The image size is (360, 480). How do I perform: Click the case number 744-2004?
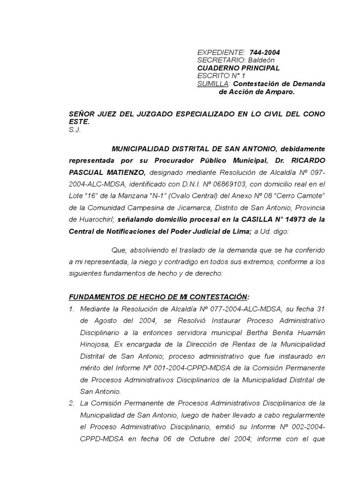pyautogui.click(x=265, y=52)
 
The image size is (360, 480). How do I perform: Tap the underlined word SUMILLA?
pyautogui.click(x=213, y=84)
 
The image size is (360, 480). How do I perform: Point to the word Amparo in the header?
pyautogui.click(x=280, y=92)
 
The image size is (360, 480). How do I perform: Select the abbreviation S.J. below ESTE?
pyautogui.click(x=75, y=130)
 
